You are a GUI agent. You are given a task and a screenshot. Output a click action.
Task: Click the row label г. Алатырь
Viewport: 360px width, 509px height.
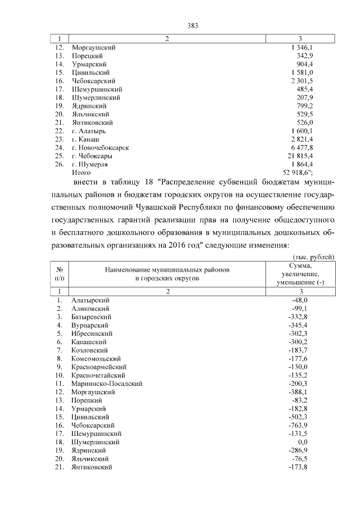click(91, 130)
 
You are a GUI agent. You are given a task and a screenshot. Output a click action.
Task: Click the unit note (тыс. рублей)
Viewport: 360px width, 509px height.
click(317, 256)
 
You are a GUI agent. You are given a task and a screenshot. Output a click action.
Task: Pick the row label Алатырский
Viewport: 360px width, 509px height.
click(90, 301)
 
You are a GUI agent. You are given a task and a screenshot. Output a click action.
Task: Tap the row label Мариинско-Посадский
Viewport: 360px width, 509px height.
click(107, 383)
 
